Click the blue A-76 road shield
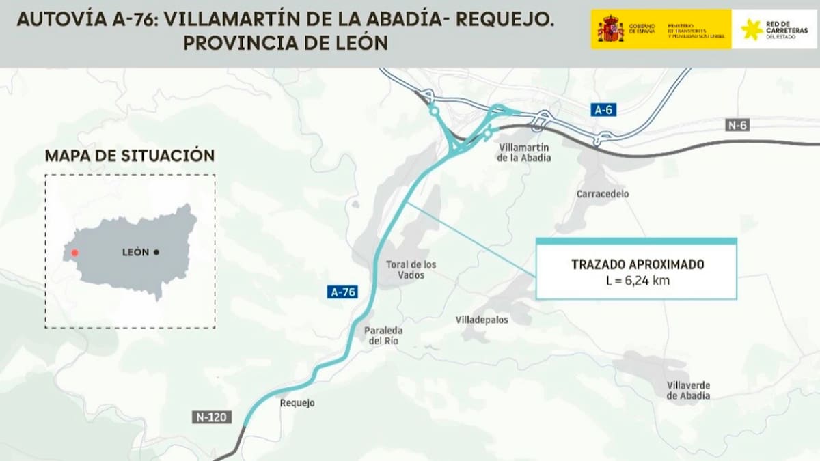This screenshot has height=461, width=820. [344, 292]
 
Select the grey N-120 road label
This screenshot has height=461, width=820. [213, 417]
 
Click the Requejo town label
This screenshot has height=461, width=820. [297, 403]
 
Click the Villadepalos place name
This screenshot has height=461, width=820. [482, 320]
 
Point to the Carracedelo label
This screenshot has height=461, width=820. [602, 194]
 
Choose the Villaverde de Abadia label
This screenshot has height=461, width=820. [688, 390]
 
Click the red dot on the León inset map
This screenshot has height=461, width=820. [74, 253]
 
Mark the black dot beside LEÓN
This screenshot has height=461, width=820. [156, 252]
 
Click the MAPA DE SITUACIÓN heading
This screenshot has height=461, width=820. [130, 156]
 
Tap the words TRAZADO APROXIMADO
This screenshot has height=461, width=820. [637, 264]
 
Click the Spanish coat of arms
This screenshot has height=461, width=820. [610, 29]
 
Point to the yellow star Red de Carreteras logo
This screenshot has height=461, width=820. [752, 29]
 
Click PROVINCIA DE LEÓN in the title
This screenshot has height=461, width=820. [286, 43]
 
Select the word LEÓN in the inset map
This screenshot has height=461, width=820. [135, 252]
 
